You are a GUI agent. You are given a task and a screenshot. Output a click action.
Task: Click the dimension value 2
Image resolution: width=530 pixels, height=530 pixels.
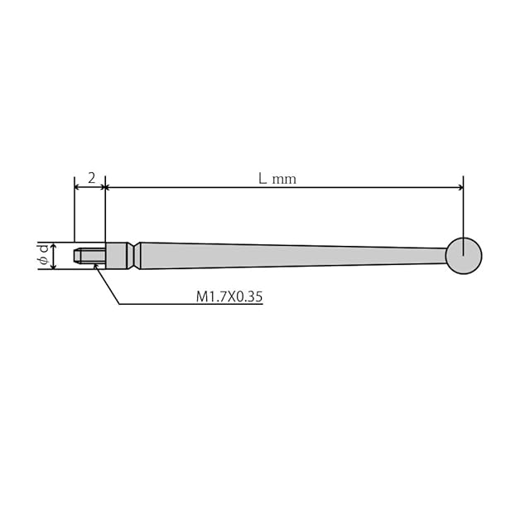pos(92,178)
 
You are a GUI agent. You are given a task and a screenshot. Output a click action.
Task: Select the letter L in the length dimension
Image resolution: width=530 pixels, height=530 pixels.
pos(263,178)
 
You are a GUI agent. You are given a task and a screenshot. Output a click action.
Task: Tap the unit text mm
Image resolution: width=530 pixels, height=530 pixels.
pos(284,180)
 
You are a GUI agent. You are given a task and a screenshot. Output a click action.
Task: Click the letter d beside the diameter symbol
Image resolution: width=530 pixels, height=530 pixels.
pos(44,250)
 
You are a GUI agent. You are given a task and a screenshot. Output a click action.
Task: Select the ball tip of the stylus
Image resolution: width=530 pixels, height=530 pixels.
pos(464,256)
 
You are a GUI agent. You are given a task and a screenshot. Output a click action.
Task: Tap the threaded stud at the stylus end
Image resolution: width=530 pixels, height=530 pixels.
pos(90,256)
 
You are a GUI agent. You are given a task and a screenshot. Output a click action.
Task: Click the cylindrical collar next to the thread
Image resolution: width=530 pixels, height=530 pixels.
pos(117,256)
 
